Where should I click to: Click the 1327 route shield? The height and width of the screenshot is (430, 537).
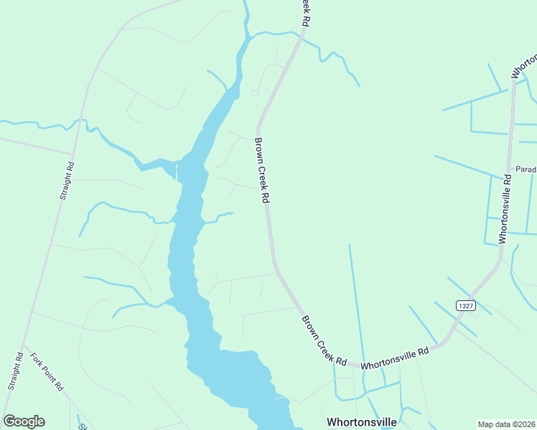(x=465, y=305)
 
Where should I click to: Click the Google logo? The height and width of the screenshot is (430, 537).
(x=24, y=421)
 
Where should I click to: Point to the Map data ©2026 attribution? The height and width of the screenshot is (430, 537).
(x=506, y=424)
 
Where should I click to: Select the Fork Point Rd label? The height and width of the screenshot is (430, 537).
(x=47, y=371)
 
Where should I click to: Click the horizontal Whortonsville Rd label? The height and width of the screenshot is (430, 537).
(x=394, y=358)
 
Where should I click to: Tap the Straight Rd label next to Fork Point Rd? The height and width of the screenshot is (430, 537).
(x=15, y=372)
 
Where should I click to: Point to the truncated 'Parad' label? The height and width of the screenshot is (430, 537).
(x=526, y=170)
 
